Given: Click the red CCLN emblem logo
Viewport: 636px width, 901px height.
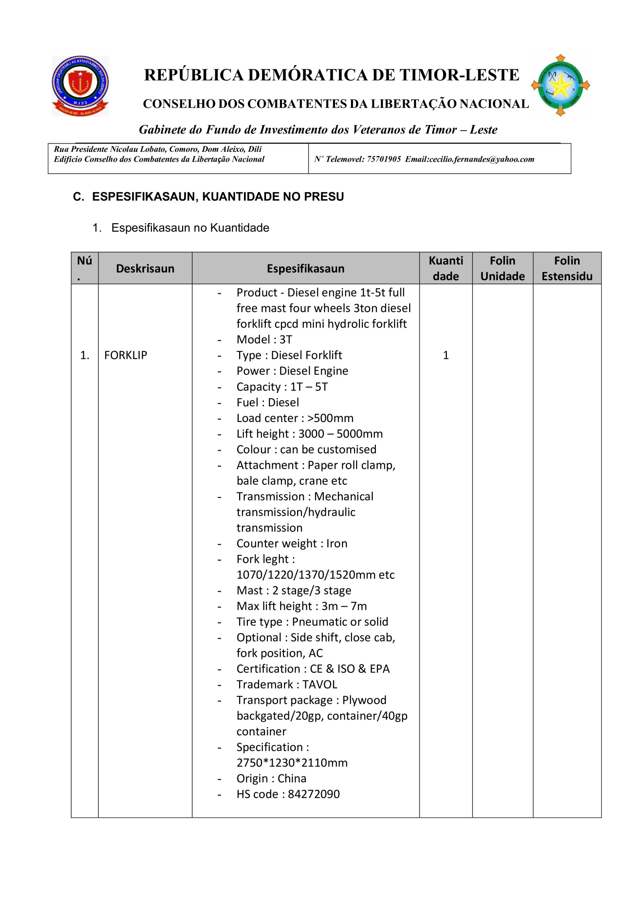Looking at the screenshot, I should click(x=80, y=86).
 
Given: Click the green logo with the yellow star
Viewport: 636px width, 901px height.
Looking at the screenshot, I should click(x=560, y=86).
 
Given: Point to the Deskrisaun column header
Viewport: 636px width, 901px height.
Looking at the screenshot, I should click(x=145, y=269).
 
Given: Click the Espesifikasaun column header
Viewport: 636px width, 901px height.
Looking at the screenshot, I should click(x=306, y=269).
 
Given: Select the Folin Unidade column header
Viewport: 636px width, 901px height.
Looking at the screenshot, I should click(x=502, y=269).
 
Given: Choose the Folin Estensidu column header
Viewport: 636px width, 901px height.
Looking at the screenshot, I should click(x=567, y=269).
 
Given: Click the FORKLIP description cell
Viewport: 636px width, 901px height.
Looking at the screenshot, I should click(x=126, y=355).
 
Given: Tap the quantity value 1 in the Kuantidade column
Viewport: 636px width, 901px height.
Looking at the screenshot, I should click(x=445, y=355).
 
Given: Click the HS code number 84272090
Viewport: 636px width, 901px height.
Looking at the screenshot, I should click(x=314, y=794).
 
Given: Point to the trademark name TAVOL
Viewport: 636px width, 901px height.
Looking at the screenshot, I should click(x=320, y=685).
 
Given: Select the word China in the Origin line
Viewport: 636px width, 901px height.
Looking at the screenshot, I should click(x=292, y=778).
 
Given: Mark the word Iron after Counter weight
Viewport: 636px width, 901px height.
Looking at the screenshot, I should click(x=337, y=543).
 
